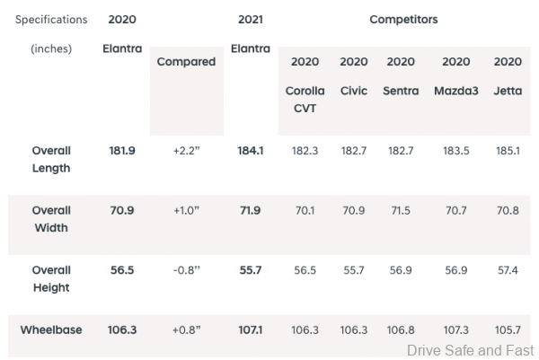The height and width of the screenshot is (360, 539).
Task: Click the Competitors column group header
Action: pyautogui.click(x=403, y=19)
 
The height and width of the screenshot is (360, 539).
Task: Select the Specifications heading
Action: pyautogui.click(x=51, y=19)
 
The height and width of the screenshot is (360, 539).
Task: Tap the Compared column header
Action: pyautogui.click(x=186, y=62)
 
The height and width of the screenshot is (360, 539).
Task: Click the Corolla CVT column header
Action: pyautogui.click(x=305, y=99)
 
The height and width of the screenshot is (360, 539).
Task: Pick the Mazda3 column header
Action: pyautogui.click(x=455, y=92)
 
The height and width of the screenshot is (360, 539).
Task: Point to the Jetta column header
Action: pyautogui.click(x=508, y=92)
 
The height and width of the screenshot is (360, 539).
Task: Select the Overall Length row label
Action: pyautogui.click(x=51, y=159)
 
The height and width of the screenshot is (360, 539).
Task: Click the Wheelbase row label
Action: pyautogui.click(x=51, y=330)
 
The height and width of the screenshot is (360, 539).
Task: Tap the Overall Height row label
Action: pyautogui.click(x=51, y=278)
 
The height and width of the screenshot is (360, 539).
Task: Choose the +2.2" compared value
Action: pyautogui.click(x=186, y=151)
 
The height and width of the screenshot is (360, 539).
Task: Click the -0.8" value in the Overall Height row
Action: pyautogui.click(x=186, y=271)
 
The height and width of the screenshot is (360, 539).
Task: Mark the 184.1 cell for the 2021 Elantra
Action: pyautogui.click(x=250, y=151)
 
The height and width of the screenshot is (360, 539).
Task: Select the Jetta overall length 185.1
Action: pyautogui.click(x=508, y=151)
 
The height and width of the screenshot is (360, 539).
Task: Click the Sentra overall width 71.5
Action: pyautogui.click(x=400, y=211)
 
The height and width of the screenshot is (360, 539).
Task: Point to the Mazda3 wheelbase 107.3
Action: pyautogui.click(x=455, y=330)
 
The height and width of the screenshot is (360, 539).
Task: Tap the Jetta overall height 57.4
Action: pyautogui.click(x=508, y=271)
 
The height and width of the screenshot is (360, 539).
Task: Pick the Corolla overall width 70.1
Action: pyautogui.click(x=305, y=211)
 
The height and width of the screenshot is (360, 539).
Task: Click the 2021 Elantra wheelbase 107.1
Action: pyautogui.click(x=250, y=330)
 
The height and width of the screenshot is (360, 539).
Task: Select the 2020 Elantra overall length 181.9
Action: pyautogui.click(x=122, y=151)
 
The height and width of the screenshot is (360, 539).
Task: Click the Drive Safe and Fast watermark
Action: pyautogui.click(x=470, y=350)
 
